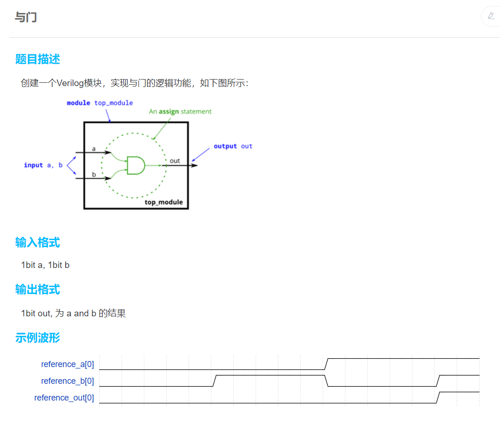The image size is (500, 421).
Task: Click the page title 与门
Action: coord(26,18)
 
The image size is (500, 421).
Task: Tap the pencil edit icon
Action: coord(491,16)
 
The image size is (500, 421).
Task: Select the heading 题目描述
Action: coord(37,59)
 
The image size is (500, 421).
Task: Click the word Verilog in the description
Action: coord(70,83)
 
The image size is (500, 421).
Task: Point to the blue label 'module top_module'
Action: coord(100,103)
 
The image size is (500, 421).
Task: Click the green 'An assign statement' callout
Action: coord(180,112)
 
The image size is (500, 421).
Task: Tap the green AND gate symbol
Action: coord(135,165)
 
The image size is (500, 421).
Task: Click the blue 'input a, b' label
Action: coord(43,165)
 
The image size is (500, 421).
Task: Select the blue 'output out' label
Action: coord(233,146)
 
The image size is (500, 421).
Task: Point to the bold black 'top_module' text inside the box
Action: coord(163,202)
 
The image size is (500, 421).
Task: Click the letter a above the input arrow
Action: coord(94,149)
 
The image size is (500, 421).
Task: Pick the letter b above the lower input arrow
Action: coord(94,174)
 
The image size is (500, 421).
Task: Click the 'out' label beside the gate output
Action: coord(175,161)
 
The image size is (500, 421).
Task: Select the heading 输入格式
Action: coord(37,242)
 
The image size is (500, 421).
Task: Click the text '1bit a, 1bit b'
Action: coord(45,265)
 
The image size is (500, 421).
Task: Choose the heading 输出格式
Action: coord(37,289)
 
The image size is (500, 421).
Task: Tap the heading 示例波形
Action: coord(37,338)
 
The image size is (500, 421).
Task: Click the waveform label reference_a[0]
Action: coord(68,364)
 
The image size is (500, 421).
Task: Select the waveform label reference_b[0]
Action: coord(68,381)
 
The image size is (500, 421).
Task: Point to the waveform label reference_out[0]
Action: coord(64,398)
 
